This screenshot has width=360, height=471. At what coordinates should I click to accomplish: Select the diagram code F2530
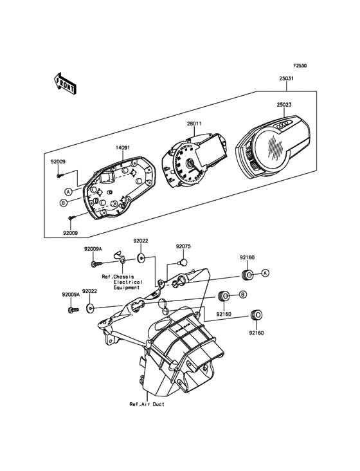[x=300, y=65]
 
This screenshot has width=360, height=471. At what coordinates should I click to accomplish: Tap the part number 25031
[x=286, y=78]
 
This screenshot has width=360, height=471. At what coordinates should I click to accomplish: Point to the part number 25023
[x=283, y=105]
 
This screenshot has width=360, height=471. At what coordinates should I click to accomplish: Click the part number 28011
[x=194, y=124]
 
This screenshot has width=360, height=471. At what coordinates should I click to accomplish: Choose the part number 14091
[x=123, y=148]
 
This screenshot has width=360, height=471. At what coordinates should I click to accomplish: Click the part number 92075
[x=183, y=246]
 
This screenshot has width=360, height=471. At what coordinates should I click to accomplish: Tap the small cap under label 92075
[x=183, y=262]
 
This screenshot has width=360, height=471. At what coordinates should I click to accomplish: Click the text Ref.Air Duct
[x=147, y=404]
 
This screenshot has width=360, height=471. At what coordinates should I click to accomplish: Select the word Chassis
[x=123, y=277]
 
